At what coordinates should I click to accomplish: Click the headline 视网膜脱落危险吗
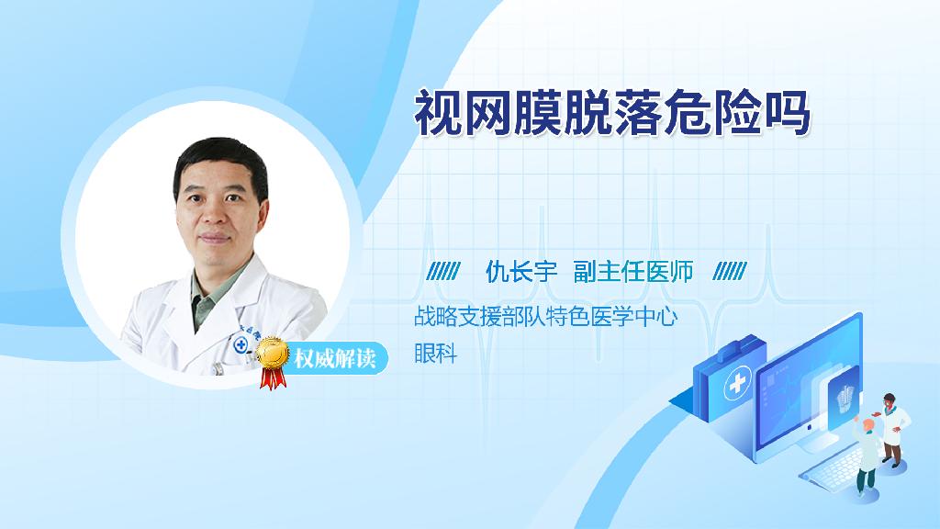(612, 113)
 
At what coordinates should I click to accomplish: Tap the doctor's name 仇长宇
(521, 272)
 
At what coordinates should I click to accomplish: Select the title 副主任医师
(633, 272)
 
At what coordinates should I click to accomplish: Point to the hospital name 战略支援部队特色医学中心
(545, 317)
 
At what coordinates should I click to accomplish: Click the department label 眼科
(436, 354)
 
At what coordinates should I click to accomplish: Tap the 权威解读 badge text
(334, 359)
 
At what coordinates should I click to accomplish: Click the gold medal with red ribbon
(273, 362)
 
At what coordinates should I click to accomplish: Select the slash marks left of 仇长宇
(443, 272)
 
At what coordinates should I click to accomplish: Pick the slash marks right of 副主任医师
(730, 272)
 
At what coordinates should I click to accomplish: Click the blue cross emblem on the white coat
(241, 345)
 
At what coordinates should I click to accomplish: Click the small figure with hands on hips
(892, 430)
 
